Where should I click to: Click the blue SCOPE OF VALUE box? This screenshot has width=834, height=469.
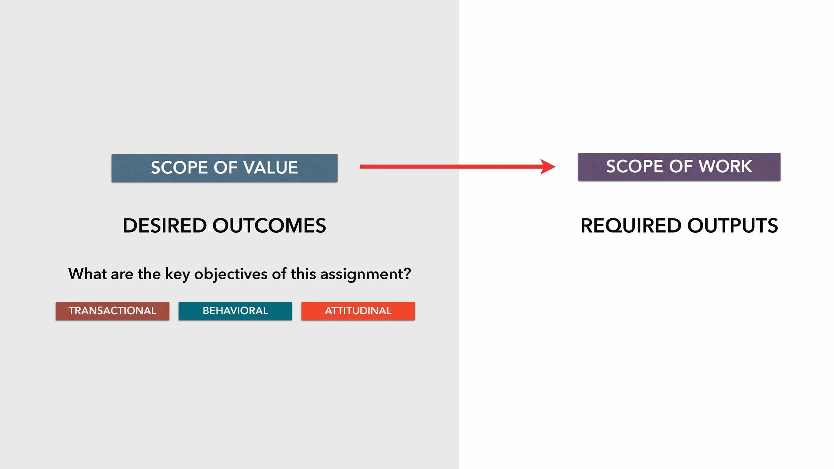tap(224, 168)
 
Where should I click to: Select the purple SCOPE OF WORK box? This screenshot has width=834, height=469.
tap(679, 166)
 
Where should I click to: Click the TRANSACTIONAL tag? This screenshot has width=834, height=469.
tap(112, 311)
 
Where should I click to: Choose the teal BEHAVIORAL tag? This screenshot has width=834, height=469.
tap(235, 311)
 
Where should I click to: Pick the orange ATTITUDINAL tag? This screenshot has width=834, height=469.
tap(358, 311)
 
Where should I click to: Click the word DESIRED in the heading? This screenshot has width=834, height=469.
tap(165, 226)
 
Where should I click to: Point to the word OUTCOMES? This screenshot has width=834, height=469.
tap(270, 226)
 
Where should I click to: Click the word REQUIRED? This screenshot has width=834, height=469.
tap(631, 226)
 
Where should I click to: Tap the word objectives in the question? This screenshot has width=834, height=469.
tap(231, 274)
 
